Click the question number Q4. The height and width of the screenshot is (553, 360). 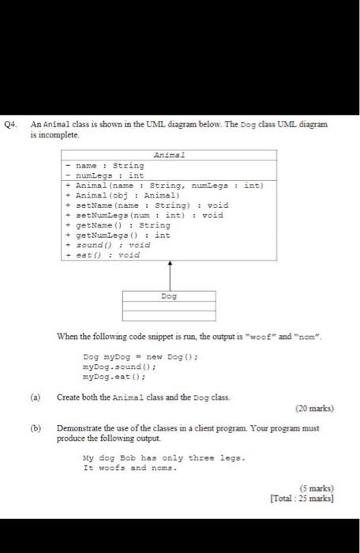tap(11, 125)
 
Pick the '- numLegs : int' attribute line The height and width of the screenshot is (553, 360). tap(105, 176)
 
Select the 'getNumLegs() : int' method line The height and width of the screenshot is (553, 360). tap(121, 235)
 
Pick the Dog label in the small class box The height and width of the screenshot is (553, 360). tap(168, 296)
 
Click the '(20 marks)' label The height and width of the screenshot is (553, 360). tap(313, 409)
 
